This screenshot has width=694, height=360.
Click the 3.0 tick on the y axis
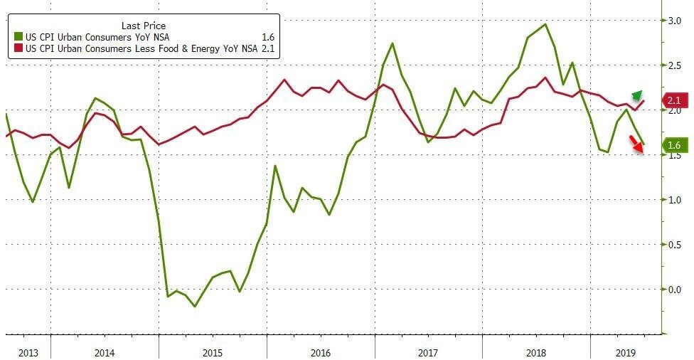coord(671,21)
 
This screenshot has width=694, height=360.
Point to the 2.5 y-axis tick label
coord(671,65)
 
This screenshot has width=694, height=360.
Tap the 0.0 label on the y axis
coord(671,289)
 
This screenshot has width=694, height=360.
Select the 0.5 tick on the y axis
coord(671,244)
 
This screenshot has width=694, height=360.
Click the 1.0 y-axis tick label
coord(671,200)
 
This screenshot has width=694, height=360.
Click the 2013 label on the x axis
coord(28,352)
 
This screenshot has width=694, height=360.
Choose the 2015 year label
coord(212,352)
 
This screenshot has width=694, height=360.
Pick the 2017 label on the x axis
coord(428,352)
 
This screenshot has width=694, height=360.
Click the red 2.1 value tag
coord(673,101)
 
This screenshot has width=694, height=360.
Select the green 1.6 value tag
coord(673,146)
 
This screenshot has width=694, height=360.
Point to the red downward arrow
coord(638,145)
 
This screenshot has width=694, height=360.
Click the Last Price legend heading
coord(144,26)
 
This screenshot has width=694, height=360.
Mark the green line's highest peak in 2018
coord(545,24)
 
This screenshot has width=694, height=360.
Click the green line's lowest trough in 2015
coord(195,307)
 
